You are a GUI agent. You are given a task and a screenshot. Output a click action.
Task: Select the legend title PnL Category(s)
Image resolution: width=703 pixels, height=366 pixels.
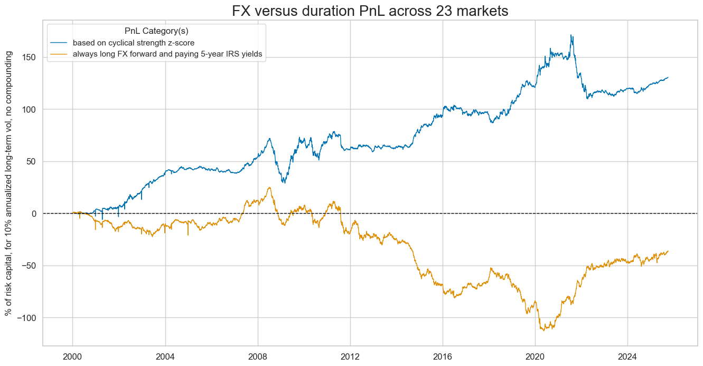click(x=156, y=31)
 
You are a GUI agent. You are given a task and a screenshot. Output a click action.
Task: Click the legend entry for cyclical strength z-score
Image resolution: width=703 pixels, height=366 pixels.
click(x=137, y=43)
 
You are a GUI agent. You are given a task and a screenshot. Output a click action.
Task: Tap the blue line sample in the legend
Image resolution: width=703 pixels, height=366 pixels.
click(x=60, y=43)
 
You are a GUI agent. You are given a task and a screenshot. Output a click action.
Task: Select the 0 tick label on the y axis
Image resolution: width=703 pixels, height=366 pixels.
click(x=34, y=214)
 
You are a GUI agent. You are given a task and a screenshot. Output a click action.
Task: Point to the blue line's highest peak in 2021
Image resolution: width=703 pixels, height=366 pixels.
click(x=571, y=35)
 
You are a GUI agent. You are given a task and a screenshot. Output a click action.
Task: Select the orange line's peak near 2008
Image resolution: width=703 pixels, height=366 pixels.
click(x=269, y=187)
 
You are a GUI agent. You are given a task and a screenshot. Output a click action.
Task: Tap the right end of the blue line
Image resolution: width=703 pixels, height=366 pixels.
click(x=668, y=77)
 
